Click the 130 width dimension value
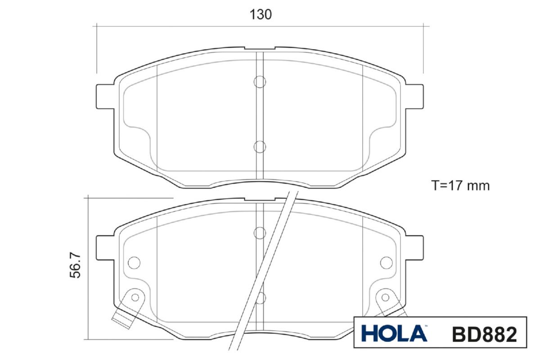[x=261, y=14]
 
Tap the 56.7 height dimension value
[x=75, y=265]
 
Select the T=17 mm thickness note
[x=460, y=186]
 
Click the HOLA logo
[x=394, y=333]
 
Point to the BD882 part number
[x=485, y=334]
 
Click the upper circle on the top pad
[x=260, y=82]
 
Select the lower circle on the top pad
[x=260, y=147]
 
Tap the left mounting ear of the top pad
[x=105, y=96]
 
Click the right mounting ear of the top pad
[x=414, y=96]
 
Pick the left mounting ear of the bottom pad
[x=105, y=247]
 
